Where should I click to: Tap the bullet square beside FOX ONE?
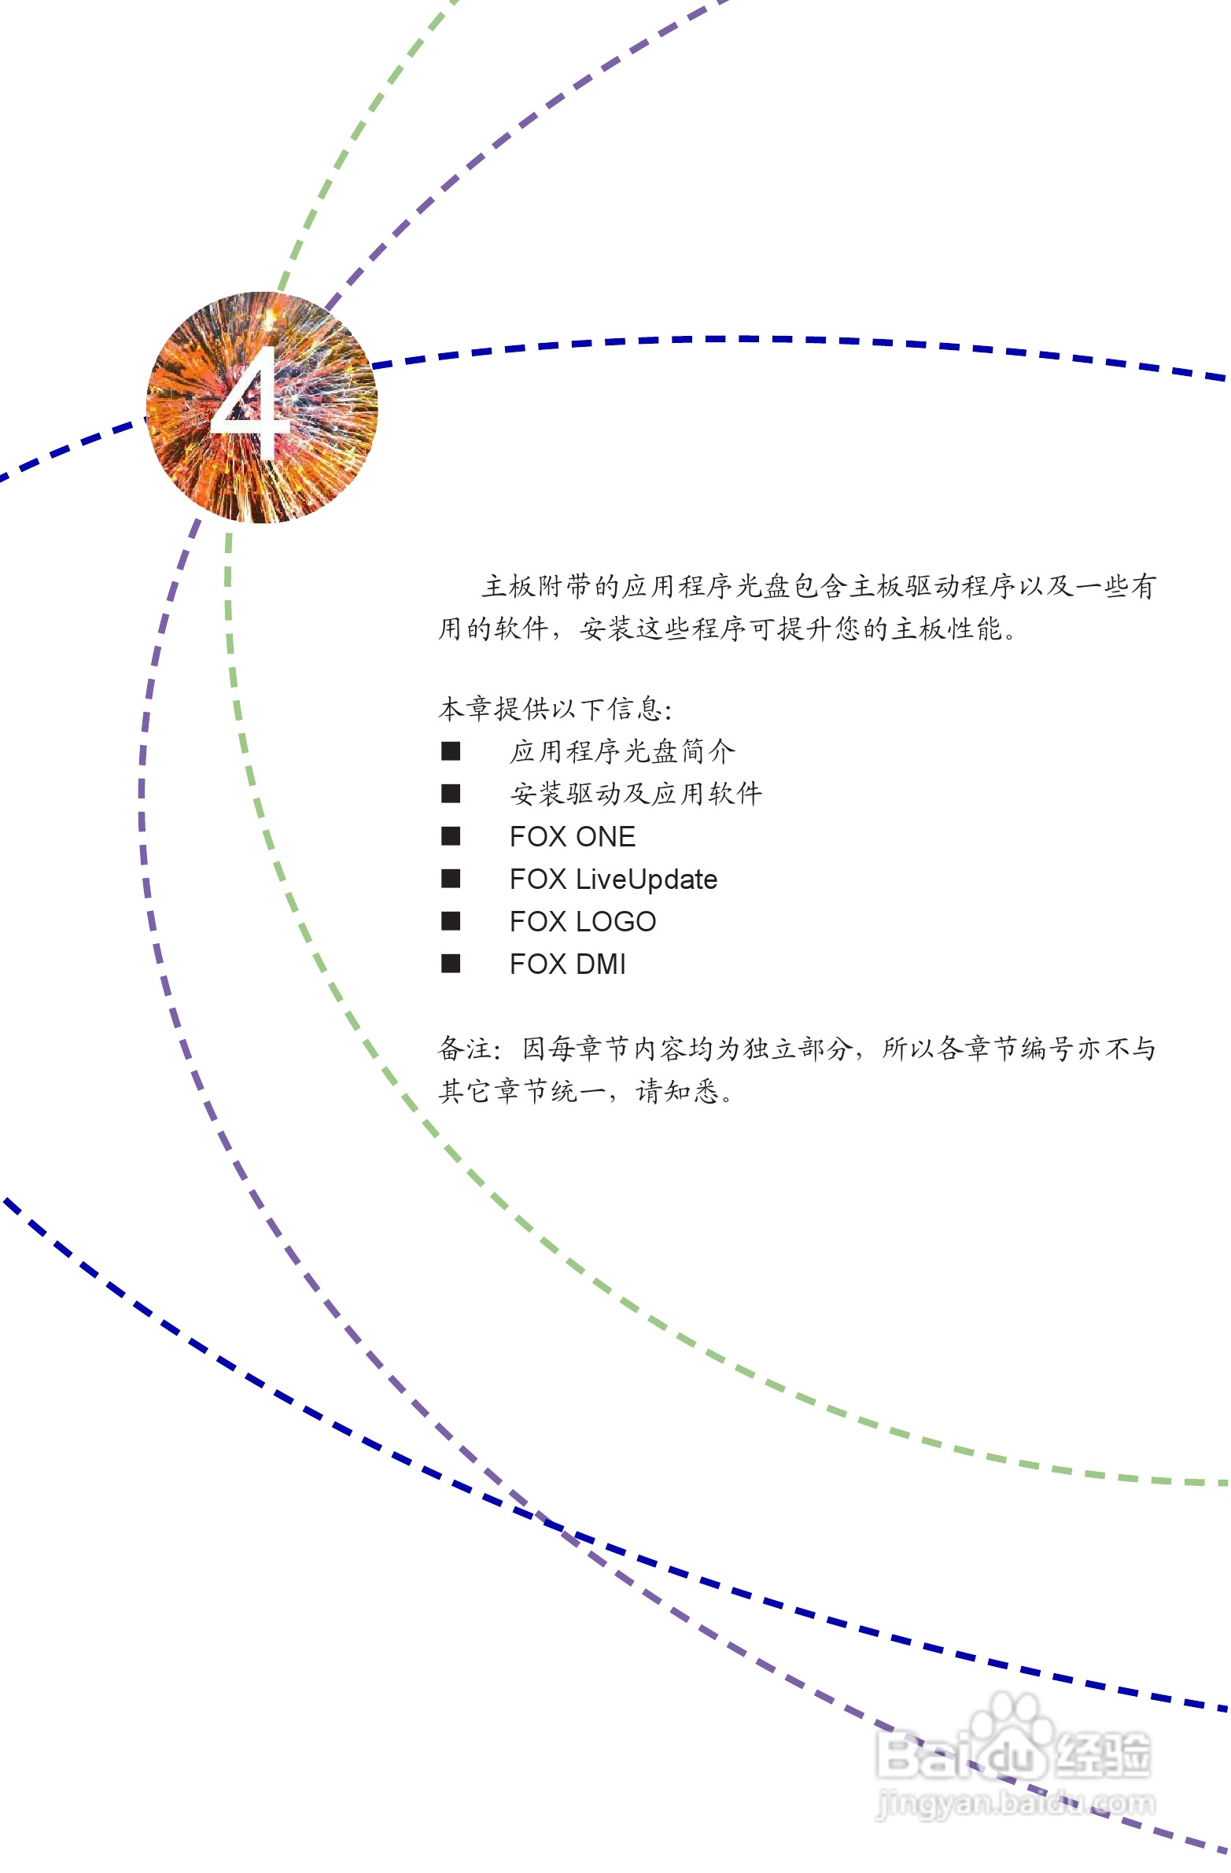coord(450,835)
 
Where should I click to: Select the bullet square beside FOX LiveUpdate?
coord(450,878)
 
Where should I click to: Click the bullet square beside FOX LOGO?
coord(450,920)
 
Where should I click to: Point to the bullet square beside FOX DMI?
coord(450,964)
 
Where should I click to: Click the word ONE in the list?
coord(605,836)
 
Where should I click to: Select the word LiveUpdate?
coord(647,879)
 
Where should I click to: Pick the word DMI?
coord(600,964)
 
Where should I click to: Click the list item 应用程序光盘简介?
coord(622,751)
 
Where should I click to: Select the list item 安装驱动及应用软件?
coord(636,793)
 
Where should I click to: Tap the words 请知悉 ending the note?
coord(678,1091)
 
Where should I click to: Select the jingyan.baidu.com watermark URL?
coord(1015,1803)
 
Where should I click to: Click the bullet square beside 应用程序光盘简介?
coord(450,750)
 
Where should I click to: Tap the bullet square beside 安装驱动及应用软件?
coord(450,793)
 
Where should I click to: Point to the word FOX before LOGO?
coord(537,921)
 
